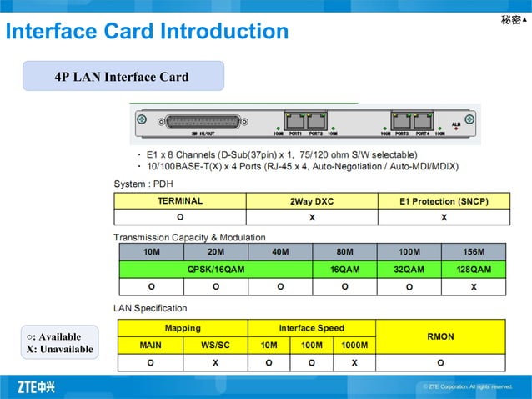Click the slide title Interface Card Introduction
(147, 32)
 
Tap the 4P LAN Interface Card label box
(123, 77)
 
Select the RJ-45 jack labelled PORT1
(294, 120)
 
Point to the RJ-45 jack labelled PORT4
(420, 120)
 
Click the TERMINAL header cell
(180, 201)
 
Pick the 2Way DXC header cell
(312, 201)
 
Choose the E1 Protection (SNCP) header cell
(444, 201)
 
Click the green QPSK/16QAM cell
(216, 270)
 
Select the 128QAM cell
(474, 270)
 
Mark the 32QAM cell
(409, 270)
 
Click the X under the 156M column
(474, 287)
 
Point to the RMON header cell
(440, 336)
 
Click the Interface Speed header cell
(311, 328)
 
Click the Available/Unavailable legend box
(60, 342)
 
